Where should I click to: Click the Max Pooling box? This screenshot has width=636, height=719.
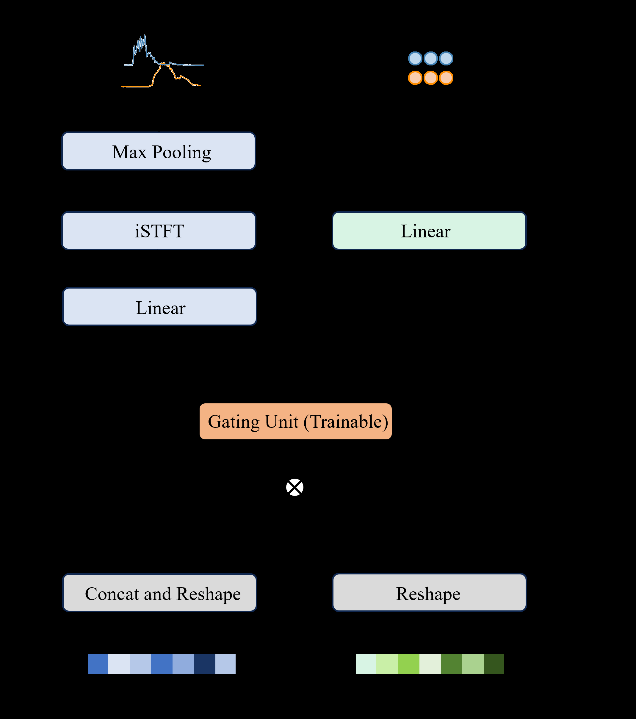click(159, 151)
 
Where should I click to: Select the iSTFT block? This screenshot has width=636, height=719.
click(159, 231)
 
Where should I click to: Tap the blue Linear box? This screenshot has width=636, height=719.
click(160, 307)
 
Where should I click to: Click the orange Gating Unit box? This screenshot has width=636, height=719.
click(295, 422)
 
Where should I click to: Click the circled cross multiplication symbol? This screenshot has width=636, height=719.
click(295, 487)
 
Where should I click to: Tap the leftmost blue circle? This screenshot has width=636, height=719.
click(415, 58)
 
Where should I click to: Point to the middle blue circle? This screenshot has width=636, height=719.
click(430, 58)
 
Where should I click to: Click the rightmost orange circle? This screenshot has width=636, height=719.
click(446, 78)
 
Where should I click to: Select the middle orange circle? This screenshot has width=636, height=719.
click(430, 78)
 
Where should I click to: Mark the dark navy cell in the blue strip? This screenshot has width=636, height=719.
click(204, 664)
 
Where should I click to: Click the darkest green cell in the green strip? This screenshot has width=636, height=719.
click(494, 664)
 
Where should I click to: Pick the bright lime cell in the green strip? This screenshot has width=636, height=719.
click(408, 664)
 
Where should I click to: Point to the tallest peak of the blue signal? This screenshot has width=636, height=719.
click(145, 35)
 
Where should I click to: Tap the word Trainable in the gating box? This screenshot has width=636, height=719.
click(347, 422)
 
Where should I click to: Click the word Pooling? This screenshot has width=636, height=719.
click(181, 152)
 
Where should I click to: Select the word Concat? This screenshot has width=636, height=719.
click(112, 594)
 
